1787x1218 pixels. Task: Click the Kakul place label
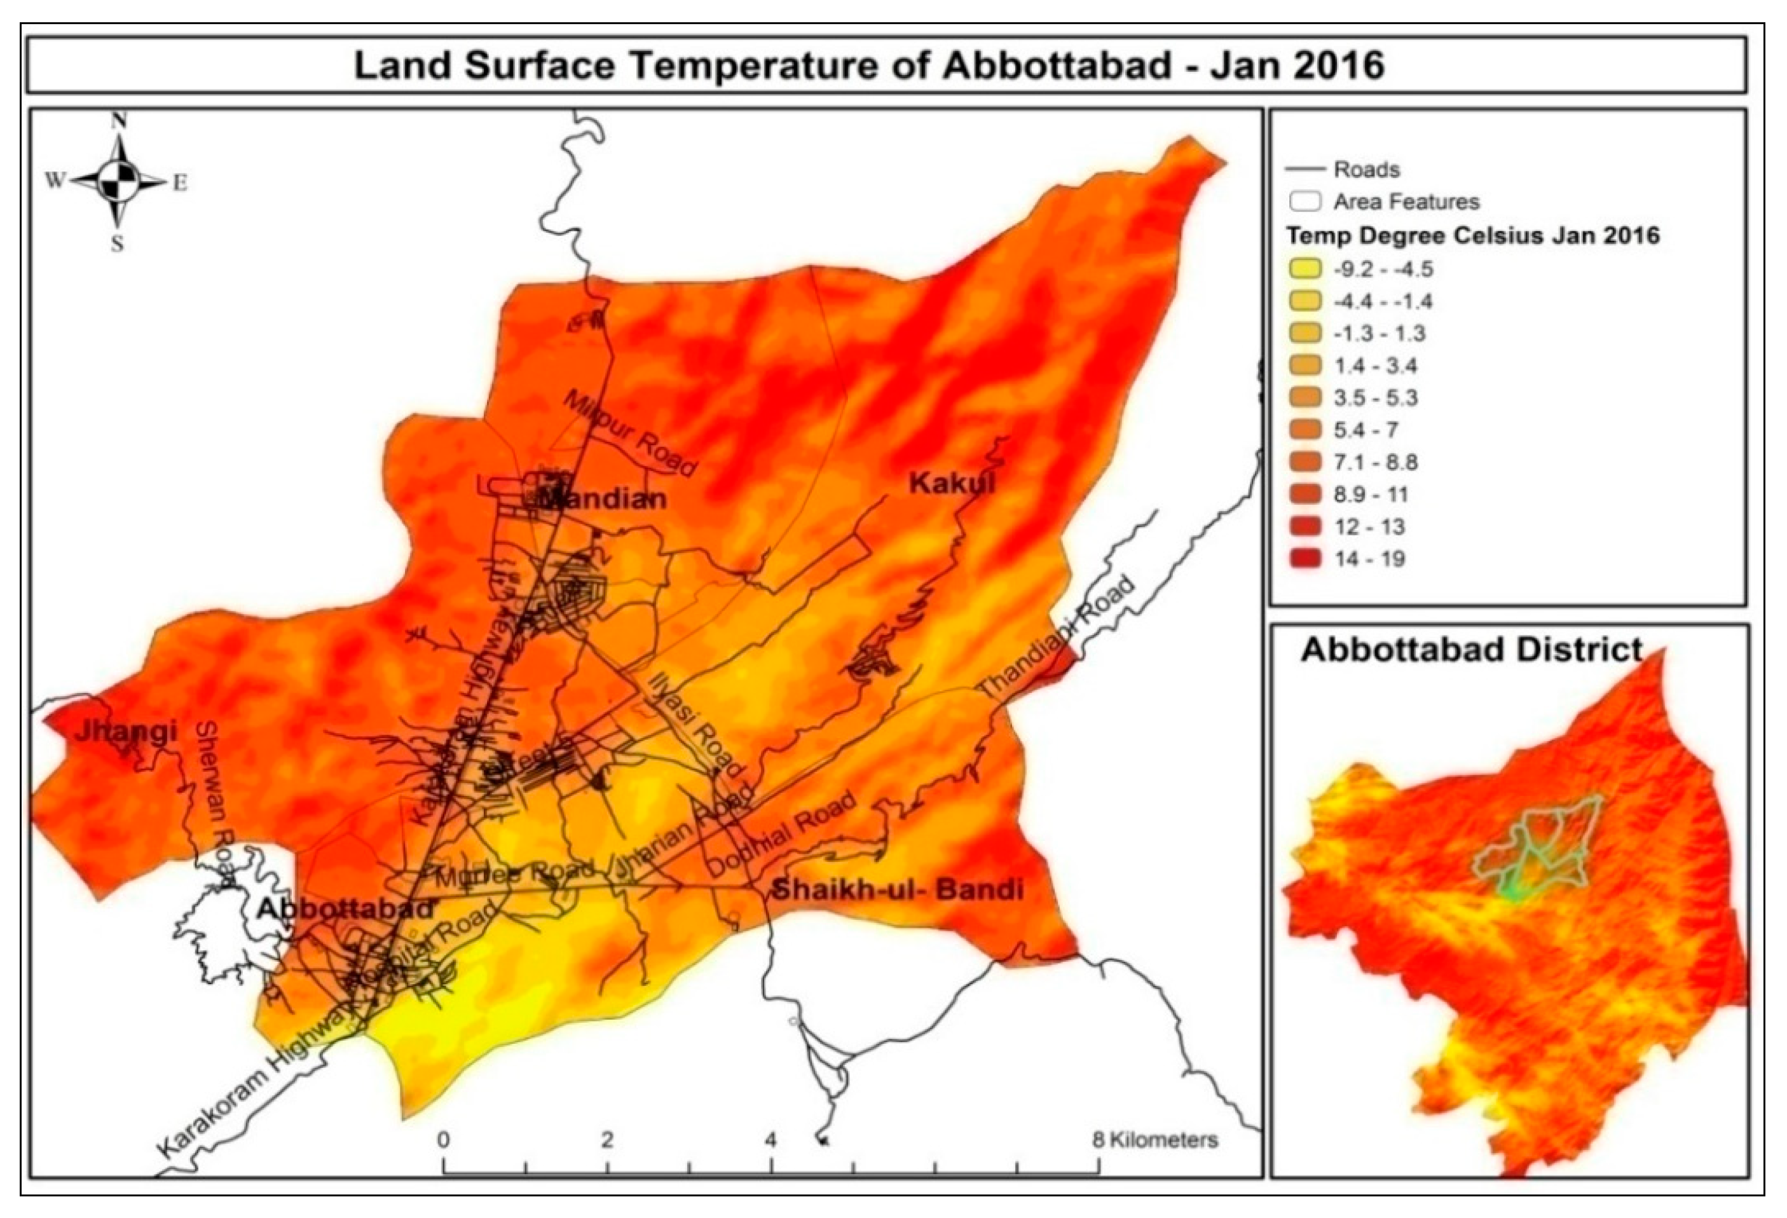pyautogui.click(x=951, y=484)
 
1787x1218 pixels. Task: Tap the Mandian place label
pyautogui.click(x=601, y=499)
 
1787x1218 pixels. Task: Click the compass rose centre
pyautogui.click(x=118, y=181)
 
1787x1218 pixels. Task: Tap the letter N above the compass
pyautogui.click(x=118, y=121)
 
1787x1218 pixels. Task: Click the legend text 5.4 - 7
pyautogui.click(x=1366, y=430)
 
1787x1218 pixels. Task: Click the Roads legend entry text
pyautogui.click(x=1366, y=169)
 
